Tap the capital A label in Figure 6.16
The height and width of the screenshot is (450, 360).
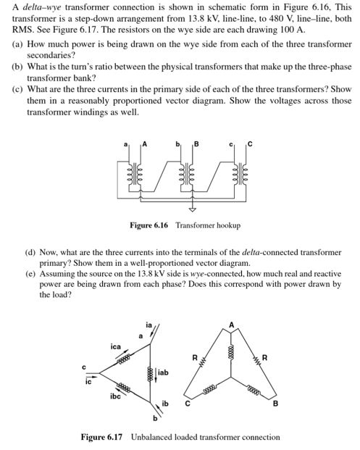[145, 143]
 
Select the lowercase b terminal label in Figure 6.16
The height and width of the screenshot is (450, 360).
[178, 143]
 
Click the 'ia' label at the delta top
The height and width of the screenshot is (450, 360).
[150, 326]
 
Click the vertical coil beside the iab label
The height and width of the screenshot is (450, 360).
[150, 373]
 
